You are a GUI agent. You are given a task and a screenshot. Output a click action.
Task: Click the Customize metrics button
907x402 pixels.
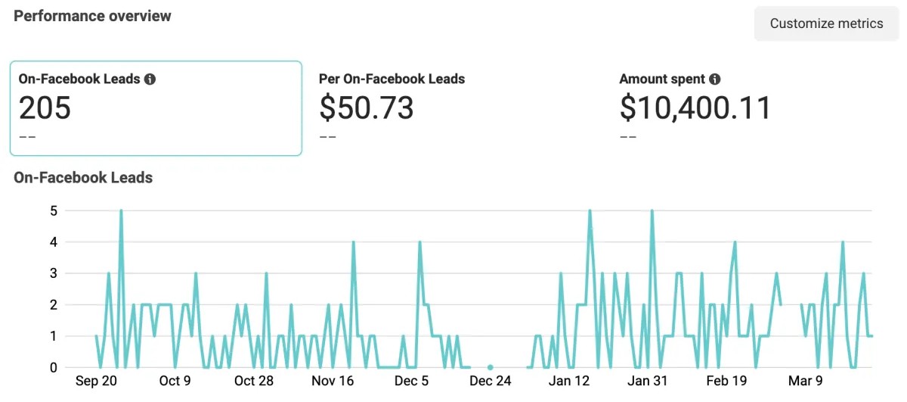coord(826,23)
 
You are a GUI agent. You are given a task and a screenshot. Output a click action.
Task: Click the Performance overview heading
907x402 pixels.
coord(92,16)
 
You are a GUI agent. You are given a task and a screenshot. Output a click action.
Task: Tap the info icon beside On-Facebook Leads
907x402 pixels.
coord(150,79)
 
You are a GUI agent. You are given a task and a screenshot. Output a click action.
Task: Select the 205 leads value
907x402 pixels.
coord(45,108)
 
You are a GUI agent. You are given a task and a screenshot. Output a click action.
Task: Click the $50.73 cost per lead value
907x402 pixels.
coord(366,108)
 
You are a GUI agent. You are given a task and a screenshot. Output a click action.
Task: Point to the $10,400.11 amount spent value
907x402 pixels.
coord(695,108)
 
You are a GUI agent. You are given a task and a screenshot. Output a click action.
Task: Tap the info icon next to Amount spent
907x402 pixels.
coord(714,79)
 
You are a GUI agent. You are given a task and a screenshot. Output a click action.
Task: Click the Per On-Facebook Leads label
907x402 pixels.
coord(392,79)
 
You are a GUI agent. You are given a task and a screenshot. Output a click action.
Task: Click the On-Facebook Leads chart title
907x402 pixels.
coord(83,178)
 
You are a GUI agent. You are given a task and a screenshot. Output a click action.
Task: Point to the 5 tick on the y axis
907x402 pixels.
coord(53,210)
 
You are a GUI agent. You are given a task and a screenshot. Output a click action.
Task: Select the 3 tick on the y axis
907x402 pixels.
coord(53,273)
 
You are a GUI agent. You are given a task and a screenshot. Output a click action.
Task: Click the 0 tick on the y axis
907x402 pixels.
coord(53,367)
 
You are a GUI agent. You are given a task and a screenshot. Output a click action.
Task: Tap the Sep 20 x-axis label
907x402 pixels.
coord(96,381)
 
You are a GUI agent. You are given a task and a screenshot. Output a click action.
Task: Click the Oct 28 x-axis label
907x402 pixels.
coord(254,381)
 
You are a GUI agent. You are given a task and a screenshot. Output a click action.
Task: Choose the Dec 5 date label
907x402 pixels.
coord(411,381)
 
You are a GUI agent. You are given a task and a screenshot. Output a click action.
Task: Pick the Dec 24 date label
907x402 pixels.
coord(491,381)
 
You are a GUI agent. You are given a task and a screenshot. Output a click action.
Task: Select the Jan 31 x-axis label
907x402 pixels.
coord(648,381)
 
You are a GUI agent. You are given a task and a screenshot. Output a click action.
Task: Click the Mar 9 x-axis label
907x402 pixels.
coord(805,381)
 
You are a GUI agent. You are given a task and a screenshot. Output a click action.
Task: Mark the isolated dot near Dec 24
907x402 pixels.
coord(490,367)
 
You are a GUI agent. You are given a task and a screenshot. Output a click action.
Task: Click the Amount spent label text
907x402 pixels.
coord(662,79)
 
